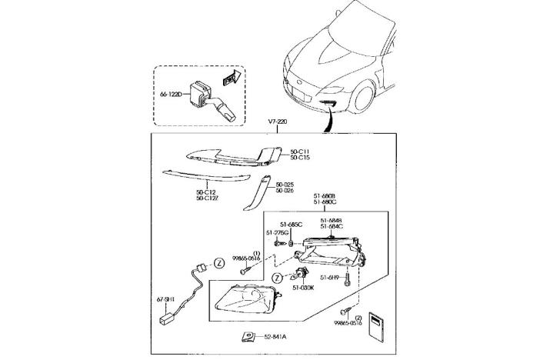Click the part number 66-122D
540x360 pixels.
(x=170, y=95)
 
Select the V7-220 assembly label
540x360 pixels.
(x=278, y=122)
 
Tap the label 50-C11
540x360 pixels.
(x=299, y=152)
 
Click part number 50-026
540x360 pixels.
(x=285, y=191)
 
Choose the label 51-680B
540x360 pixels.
(x=325, y=196)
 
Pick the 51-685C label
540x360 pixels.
(x=283, y=224)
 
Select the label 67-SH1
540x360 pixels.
(x=166, y=298)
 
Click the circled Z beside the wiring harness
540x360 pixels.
(x=218, y=262)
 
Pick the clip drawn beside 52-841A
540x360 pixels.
(x=249, y=335)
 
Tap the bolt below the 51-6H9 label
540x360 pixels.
(x=348, y=280)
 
